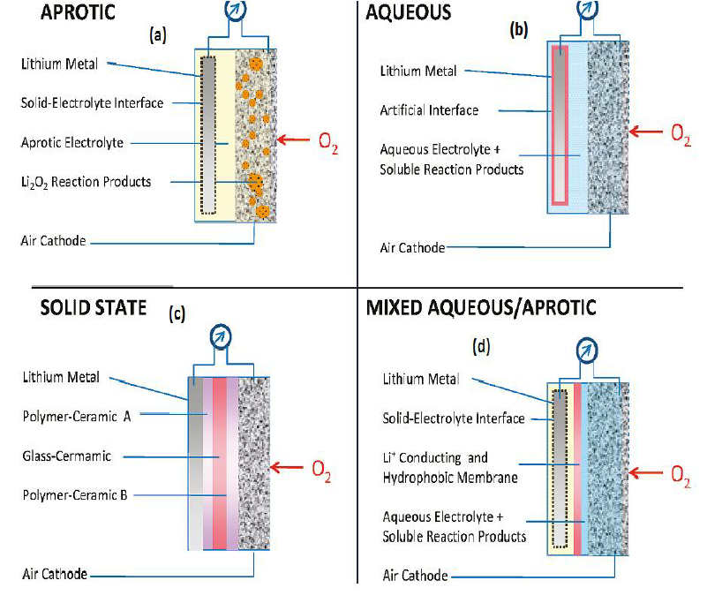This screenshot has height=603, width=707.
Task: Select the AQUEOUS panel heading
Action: (409, 13)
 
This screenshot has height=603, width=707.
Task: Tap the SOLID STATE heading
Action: (92, 308)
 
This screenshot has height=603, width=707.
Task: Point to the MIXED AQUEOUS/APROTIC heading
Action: (480, 307)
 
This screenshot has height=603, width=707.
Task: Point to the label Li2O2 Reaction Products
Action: (85, 182)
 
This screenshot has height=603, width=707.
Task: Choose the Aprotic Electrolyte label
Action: (72, 142)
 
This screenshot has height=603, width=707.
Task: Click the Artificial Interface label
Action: (429, 110)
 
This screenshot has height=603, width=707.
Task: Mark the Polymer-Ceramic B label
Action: (75, 495)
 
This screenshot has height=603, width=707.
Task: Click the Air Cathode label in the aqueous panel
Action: (413, 248)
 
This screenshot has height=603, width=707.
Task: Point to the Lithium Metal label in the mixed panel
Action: (421, 379)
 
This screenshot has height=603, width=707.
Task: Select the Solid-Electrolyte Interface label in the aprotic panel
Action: (92, 103)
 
